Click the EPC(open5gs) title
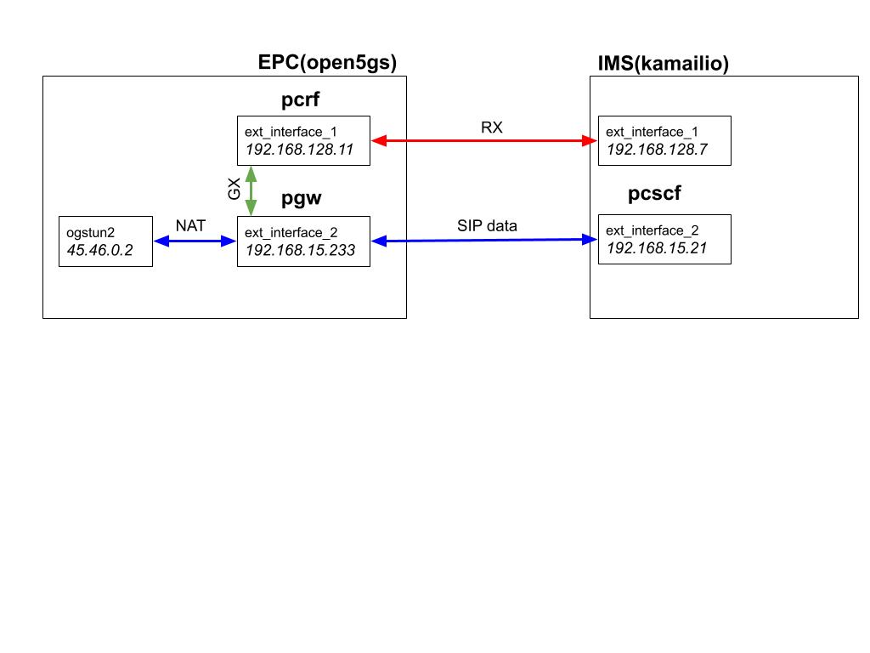[327, 63]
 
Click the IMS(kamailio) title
[663, 64]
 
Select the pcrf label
[300, 101]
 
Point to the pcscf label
[654, 193]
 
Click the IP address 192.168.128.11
[298, 150]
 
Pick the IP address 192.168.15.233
[300, 250]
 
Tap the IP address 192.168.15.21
[656, 248]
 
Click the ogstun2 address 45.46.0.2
[100, 250]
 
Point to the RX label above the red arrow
[491, 128]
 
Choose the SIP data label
[487, 226]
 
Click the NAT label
[190, 226]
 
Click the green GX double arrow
[251, 190]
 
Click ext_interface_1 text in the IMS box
[645, 132]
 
